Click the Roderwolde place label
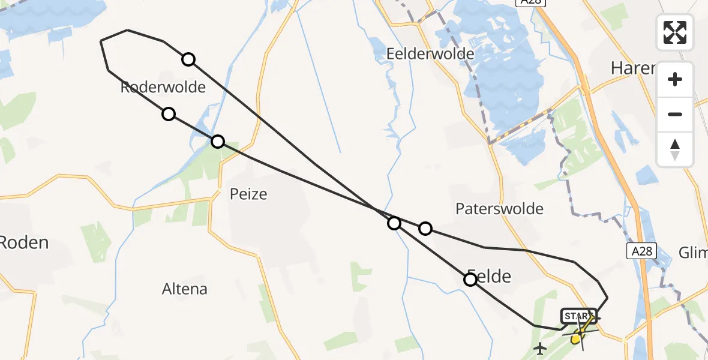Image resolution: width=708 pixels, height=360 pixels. click(x=163, y=88)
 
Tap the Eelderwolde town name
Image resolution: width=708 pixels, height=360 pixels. click(x=430, y=54)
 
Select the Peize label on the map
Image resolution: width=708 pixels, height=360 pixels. click(x=248, y=194)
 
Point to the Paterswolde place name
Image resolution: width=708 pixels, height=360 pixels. click(x=499, y=209)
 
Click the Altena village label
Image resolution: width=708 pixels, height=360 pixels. click(x=185, y=289)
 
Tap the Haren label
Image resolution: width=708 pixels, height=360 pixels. click(x=632, y=68)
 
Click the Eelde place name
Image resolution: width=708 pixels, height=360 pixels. click(x=490, y=277)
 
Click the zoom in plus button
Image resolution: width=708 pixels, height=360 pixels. click(x=675, y=79)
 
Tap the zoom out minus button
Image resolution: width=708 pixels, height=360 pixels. click(x=675, y=114)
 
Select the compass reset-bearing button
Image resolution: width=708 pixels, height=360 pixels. click(x=675, y=149)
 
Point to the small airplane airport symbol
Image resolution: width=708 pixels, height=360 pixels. click(x=541, y=347)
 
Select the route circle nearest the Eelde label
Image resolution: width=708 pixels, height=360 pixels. click(x=470, y=280)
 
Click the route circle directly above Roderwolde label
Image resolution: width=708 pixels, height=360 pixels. click(x=188, y=59)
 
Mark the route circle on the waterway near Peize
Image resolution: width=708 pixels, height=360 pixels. click(x=218, y=142)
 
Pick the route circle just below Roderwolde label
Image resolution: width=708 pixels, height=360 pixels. click(x=169, y=114)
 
